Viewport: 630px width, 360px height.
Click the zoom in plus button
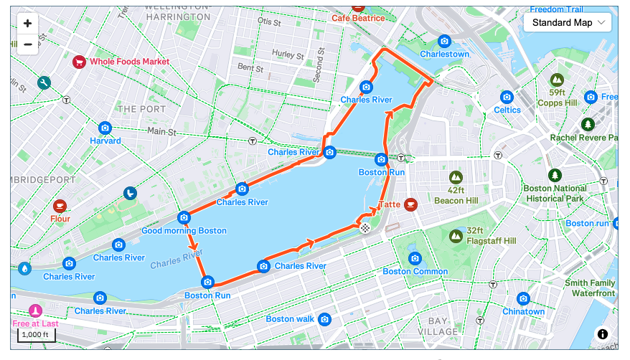point(27,23)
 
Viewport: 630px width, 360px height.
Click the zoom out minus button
point(27,44)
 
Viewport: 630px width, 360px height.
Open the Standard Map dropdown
point(567,22)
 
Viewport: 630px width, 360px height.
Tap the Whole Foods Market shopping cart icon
point(79,62)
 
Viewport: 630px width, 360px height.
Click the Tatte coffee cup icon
point(410,204)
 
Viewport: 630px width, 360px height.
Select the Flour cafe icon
point(60,205)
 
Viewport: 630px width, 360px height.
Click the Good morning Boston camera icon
point(184,217)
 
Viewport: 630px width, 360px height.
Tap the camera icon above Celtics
point(507,97)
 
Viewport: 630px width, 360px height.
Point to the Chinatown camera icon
point(523,298)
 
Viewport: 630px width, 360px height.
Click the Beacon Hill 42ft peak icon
point(456,176)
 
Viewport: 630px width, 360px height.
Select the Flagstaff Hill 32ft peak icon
point(456,235)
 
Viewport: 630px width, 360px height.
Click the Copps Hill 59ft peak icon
point(557,79)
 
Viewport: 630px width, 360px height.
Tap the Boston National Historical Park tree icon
point(555,175)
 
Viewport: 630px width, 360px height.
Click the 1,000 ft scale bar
point(36,334)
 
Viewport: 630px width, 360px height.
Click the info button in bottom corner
point(603,334)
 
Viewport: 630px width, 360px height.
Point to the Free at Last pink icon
point(34,311)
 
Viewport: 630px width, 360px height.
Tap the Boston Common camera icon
point(415,258)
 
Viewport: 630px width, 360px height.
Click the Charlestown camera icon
point(444,41)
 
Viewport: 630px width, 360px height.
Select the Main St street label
point(161,131)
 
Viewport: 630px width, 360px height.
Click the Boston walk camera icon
point(325,318)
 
